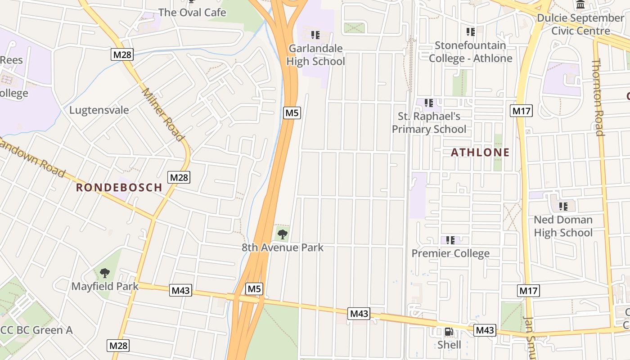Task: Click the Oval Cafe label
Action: point(192,12)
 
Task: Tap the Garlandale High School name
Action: point(315,55)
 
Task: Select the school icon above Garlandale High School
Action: point(315,35)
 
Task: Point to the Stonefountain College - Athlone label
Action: point(470,52)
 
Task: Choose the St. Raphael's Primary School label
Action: point(429,123)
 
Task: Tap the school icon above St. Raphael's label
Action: point(429,103)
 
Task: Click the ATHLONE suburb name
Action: point(480,153)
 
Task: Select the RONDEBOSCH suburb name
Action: point(119,188)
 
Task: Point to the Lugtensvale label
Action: point(99,110)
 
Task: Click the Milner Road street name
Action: point(163,114)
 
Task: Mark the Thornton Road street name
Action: point(597,97)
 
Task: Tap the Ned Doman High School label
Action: point(563,226)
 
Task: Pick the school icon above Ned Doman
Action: point(563,207)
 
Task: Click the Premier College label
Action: point(450,253)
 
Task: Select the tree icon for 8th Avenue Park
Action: point(282,234)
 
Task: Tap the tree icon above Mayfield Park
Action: point(105,273)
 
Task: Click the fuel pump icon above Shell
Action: point(449,332)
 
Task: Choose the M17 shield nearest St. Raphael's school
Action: point(521,111)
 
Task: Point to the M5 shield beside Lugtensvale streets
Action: point(292,112)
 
